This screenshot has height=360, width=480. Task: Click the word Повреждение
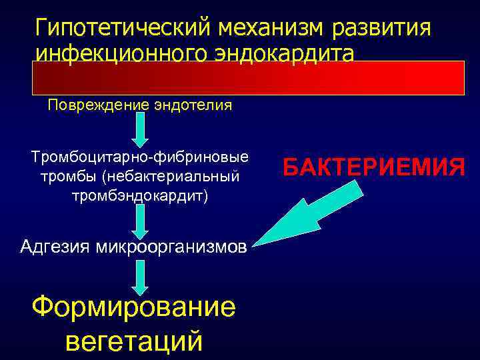click(91, 105)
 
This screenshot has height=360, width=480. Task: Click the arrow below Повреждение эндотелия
click(140, 131)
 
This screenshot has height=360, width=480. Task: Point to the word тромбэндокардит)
click(140, 197)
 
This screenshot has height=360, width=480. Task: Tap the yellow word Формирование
click(133, 307)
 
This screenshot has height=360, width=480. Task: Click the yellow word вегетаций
click(133, 341)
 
